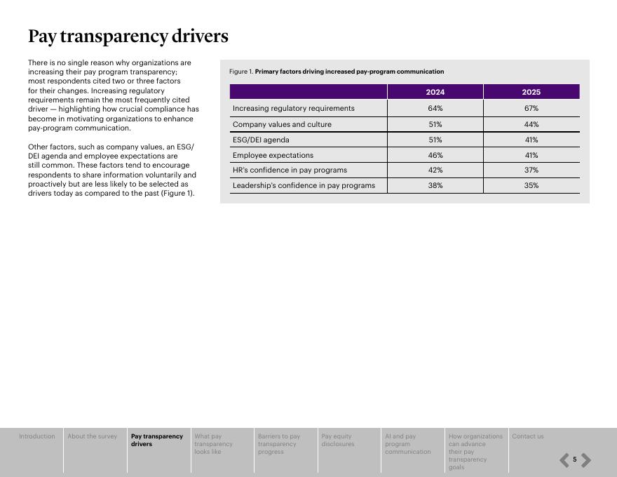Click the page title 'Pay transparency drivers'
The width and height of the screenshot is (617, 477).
[128, 36]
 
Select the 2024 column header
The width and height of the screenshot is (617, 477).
[435, 92]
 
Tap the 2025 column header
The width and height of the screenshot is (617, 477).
[531, 92]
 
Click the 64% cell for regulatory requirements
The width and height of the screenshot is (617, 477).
[435, 108]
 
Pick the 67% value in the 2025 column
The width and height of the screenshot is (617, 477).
[531, 108]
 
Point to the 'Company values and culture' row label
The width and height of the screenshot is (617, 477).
[282, 124]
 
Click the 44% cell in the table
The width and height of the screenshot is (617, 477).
[531, 124]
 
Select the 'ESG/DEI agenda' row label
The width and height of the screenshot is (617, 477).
[261, 140]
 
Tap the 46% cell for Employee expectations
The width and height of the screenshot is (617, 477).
[435, 155]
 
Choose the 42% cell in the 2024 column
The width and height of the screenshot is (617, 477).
[435, 170]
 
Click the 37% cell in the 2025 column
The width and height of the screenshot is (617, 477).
[531, 170]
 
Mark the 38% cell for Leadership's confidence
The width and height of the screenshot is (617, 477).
[435, 185]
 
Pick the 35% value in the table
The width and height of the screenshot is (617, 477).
[531, 185]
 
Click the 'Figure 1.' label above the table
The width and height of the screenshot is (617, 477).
[240, 72]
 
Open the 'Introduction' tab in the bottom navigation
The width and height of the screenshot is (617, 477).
[36, 436]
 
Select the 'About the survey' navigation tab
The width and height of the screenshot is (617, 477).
[92, 436]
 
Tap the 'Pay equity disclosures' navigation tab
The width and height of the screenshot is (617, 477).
[338, 440]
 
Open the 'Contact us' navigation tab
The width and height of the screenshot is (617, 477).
[527, 436]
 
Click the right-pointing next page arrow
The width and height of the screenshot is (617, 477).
[586, 460]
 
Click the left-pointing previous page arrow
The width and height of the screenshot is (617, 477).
[564, 460]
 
